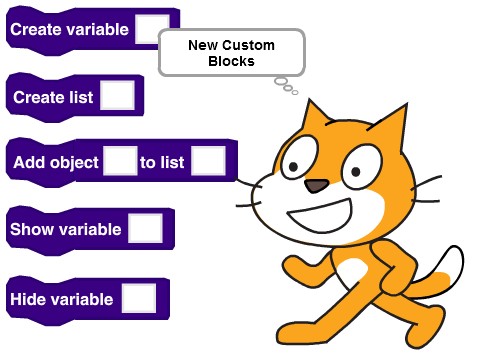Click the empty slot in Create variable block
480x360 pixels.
151,29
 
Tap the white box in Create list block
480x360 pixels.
117,97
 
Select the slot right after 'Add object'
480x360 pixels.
120,162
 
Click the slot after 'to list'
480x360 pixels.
207,162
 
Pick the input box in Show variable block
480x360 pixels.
145,229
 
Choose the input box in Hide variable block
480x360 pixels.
139,298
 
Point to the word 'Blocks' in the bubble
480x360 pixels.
231,61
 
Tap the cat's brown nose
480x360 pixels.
316,186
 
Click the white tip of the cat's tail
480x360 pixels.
451,263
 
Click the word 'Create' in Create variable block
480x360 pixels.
38,30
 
